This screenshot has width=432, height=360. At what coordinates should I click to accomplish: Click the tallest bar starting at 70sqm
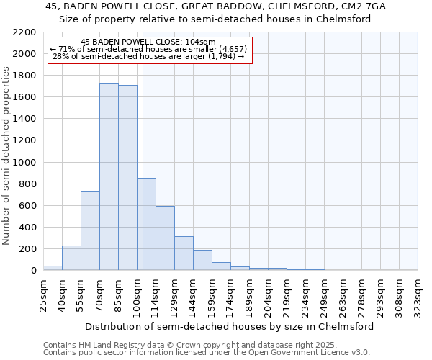[109, 176]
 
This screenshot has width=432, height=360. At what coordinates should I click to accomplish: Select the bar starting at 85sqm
[127, 178]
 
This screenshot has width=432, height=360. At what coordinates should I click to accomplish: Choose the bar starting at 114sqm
[165, 238]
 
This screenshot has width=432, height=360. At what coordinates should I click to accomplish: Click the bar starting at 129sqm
[184, 253]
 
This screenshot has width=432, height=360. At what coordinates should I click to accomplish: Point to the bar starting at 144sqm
[202, 260]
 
